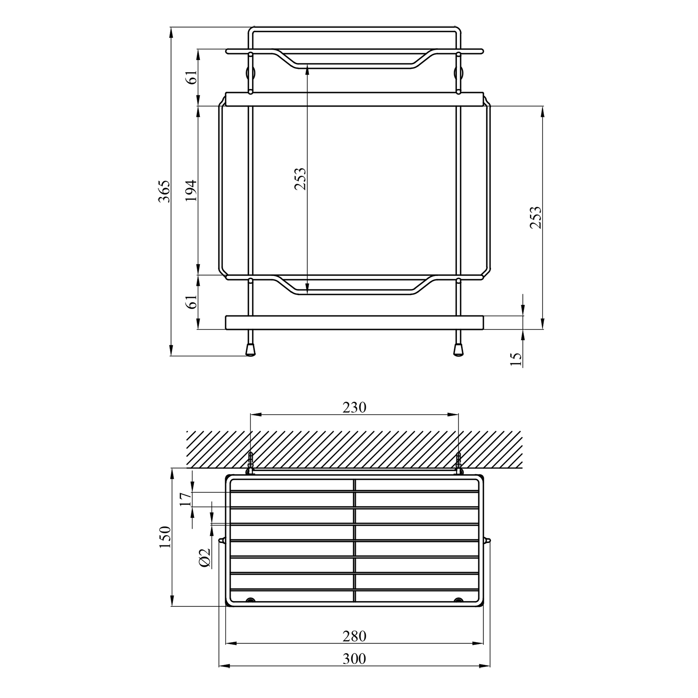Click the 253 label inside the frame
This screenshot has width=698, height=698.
[301, 179]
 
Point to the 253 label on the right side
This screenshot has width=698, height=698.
[536, 217]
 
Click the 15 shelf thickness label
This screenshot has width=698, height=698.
[516, 359]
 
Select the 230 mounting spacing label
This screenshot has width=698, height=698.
[355, 407]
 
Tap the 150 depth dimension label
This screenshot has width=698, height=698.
[165, 537]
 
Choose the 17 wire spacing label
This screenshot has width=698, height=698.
[185, 499]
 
